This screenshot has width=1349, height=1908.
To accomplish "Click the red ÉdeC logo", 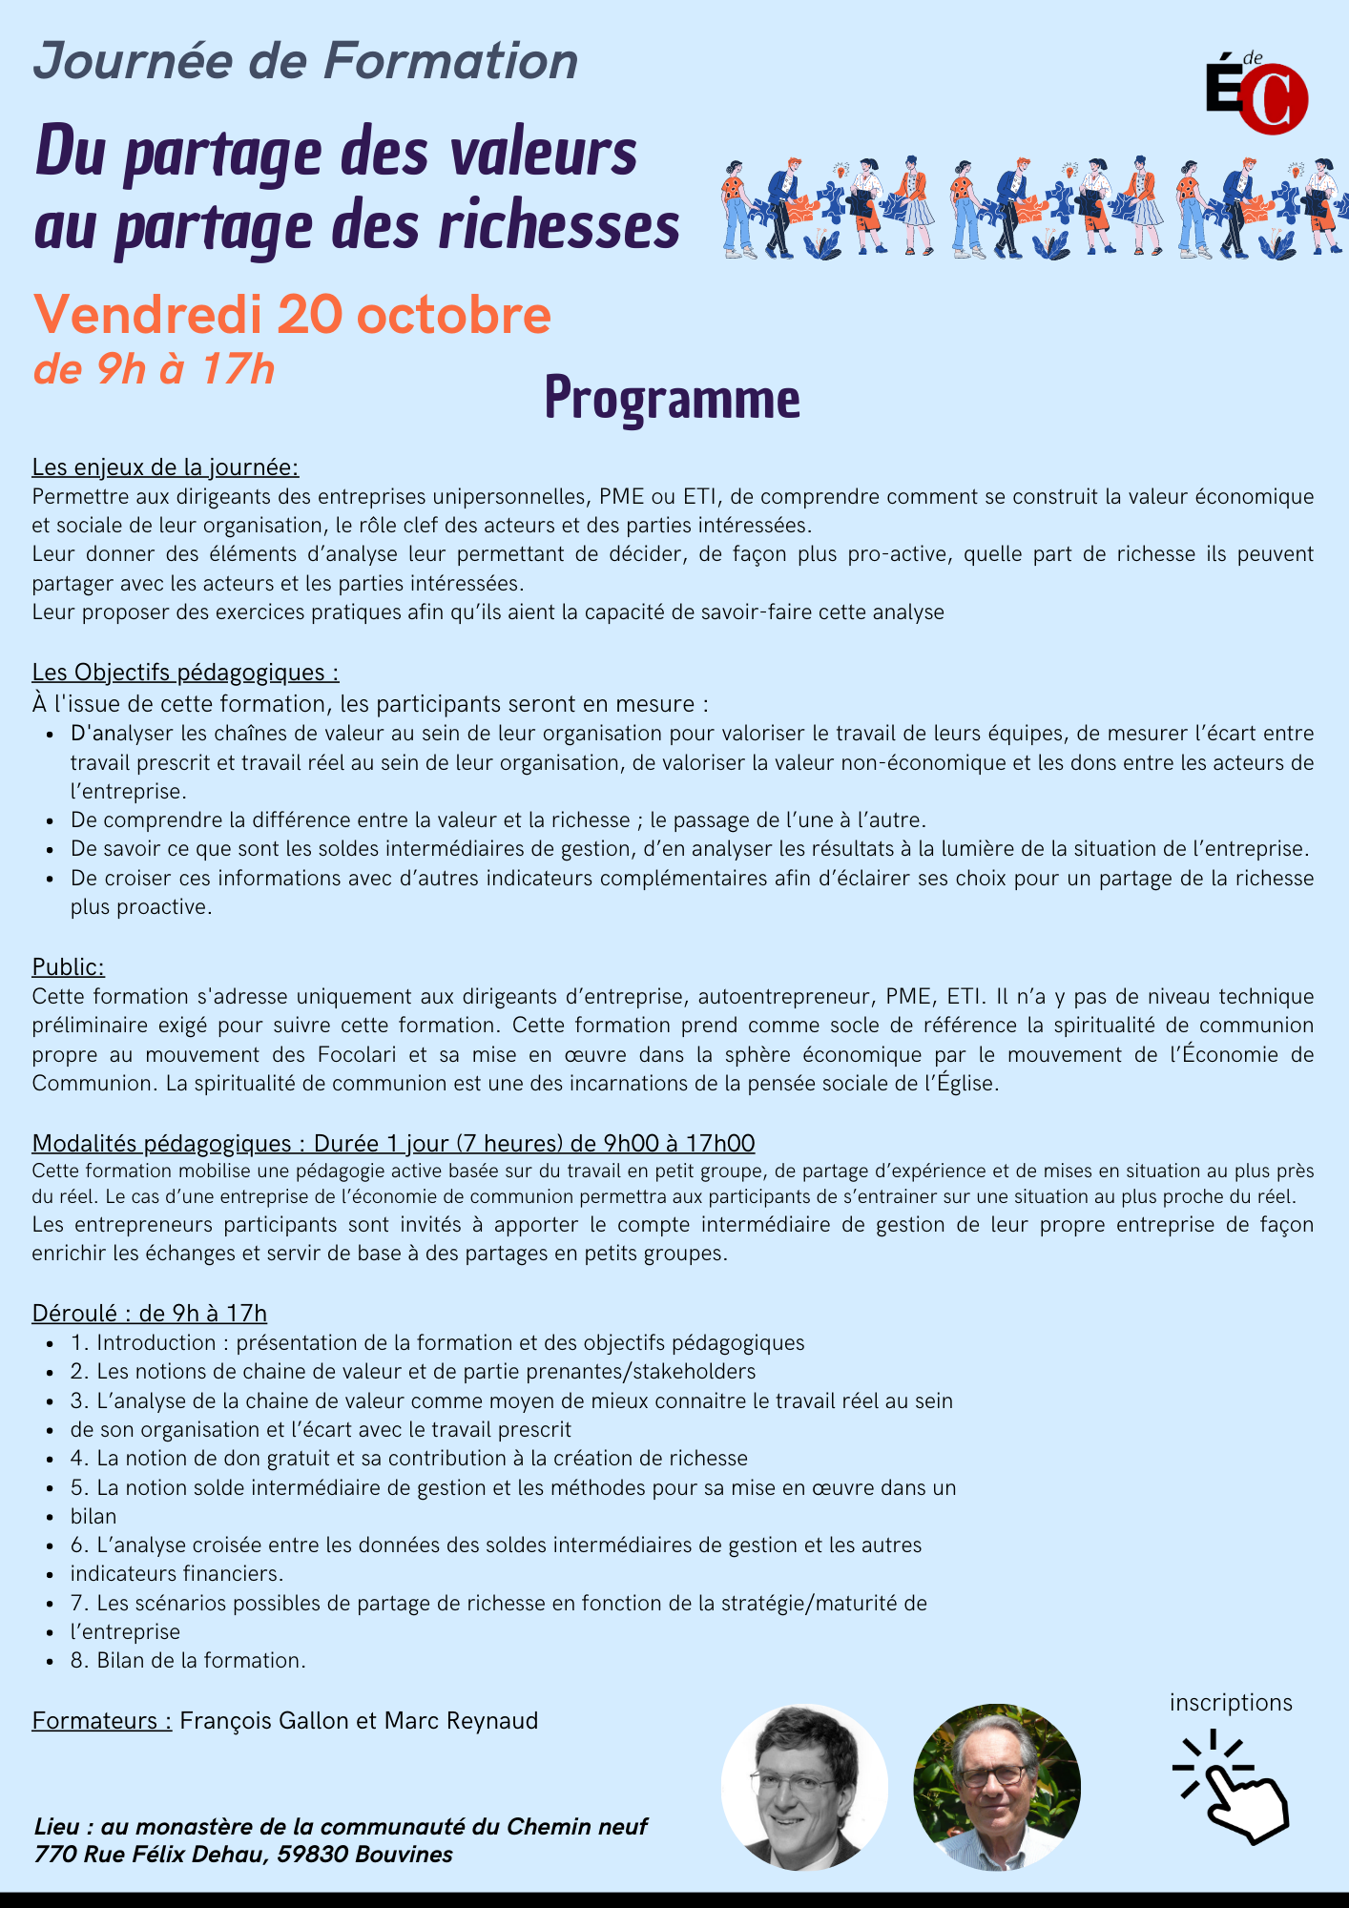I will click(x=1256, y=95).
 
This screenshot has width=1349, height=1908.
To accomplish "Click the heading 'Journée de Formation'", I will click(x=305, y=61).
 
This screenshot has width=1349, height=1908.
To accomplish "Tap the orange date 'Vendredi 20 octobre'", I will click(x=292, y=315).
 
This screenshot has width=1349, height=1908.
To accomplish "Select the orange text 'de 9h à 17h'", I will click(x=154, y=369).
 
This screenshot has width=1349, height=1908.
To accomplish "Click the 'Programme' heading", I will click(x=672, y=398).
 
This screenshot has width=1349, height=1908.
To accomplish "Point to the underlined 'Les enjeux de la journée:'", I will click(x=165, y=467).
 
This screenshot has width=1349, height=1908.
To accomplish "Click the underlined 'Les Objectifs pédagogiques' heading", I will click(x=185, y=673).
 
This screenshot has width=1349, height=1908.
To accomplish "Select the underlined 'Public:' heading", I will click(x=68, y=967).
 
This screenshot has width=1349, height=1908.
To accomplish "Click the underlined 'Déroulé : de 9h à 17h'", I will click(x=149, y=1314).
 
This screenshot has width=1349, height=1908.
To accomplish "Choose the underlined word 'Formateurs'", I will click(x=101, y=1721).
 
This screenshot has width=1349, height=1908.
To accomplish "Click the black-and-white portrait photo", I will click(x=803, y=1787).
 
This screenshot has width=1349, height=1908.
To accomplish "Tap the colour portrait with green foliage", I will click(x=997, y=1787).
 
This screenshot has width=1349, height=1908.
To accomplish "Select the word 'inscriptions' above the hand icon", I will click(x=1231, y=1703).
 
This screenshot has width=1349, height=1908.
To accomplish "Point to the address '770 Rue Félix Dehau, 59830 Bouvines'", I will click(x=243, y=1855).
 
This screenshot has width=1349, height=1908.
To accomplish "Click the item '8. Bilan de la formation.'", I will click(x=188, y=1661).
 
